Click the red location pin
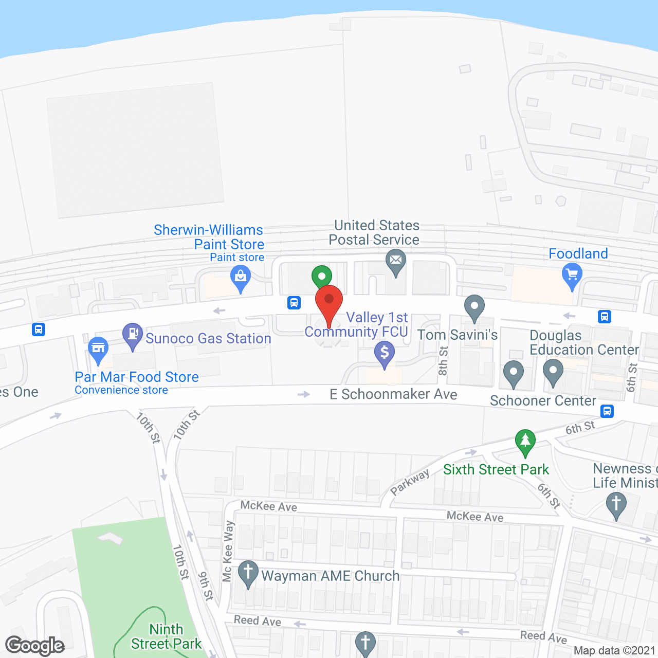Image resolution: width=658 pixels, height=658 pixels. (x=329, y=301)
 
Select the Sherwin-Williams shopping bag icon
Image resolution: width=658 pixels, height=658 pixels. (x=241, y=277)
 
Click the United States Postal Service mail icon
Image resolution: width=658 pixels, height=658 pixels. (x=396, y=261)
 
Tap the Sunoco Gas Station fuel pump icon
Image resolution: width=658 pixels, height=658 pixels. (x=133, y=334)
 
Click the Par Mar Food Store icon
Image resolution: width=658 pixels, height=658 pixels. (x=98, y=348)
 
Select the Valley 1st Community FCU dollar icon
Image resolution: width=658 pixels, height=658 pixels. (x=385, y=353)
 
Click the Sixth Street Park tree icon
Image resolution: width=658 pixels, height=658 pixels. (x=525, y=441)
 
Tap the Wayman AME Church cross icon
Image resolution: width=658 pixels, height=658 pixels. (x=248, y=572)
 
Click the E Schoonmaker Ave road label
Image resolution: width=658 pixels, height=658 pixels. (x=393, y=394)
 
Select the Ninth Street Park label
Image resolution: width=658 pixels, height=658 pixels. (x=166, y=636)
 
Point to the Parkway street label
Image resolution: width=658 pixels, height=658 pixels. (x=410, y=482)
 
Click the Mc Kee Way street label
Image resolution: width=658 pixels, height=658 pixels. (x=228, y=552)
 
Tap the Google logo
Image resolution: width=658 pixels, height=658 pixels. (x=35, y=646)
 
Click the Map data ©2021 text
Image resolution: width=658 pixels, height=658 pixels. (x=614, y=650)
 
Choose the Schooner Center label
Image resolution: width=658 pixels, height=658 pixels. (x=543, y=401)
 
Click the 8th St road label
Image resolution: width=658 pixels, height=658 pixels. (x=443, y=360)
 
